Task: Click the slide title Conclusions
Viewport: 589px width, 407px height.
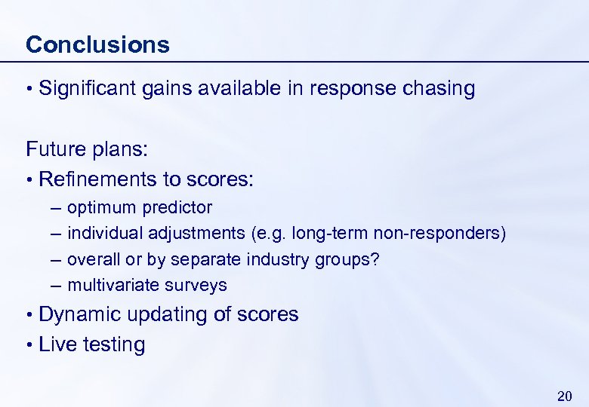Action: click(97, 44)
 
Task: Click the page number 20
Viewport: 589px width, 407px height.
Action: click(564, 396)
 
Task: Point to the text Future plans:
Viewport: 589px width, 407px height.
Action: click(86, 148)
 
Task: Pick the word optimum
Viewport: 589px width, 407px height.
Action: click(101, 207)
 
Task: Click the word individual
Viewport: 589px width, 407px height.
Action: click(105, 234)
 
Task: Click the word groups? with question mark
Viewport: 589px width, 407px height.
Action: click(355, 259)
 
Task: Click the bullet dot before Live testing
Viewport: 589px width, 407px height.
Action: click(29, 345)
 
